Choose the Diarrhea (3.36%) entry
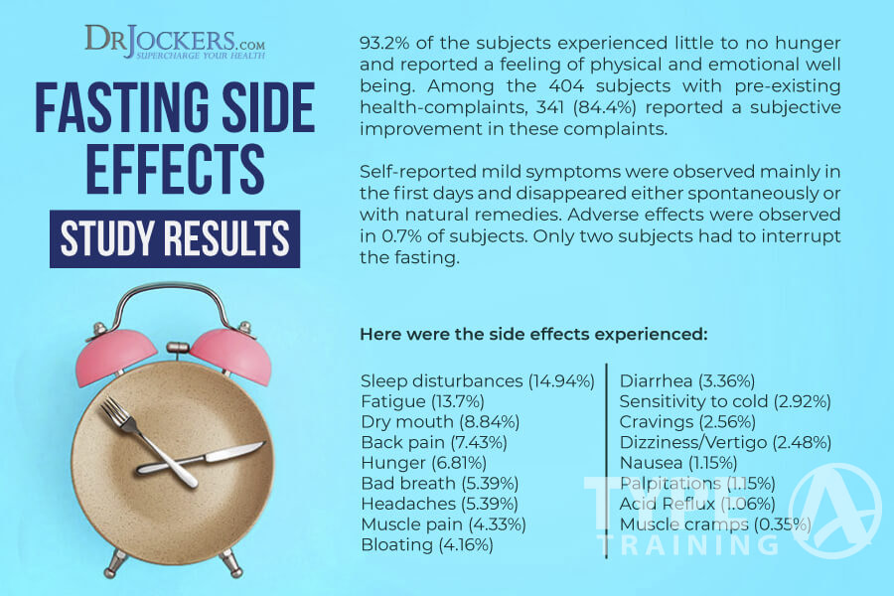tap(687, 380)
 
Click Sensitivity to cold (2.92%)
tap(725, 401)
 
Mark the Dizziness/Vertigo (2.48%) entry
tap(725, 442)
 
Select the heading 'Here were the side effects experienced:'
tap(533, 334)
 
